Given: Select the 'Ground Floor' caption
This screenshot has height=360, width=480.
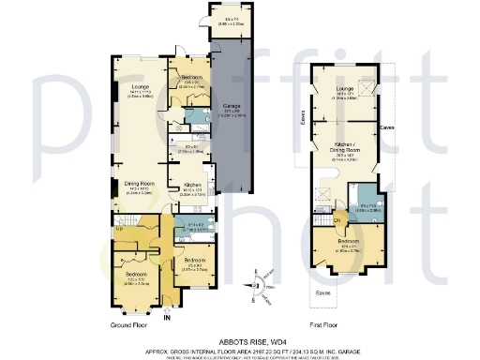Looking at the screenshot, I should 131,323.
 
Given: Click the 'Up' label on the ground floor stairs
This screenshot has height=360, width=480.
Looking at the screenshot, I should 119,227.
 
